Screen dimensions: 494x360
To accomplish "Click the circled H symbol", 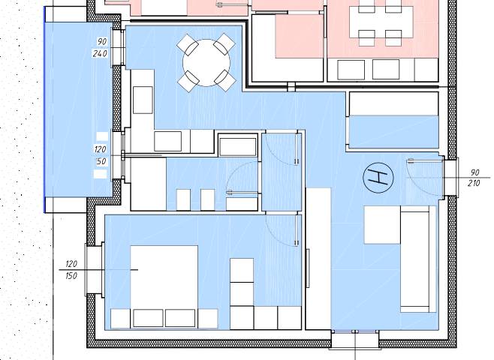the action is click(378, 178).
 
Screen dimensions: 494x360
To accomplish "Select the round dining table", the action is click(206, 62).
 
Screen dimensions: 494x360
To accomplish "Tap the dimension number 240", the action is click(100, 53).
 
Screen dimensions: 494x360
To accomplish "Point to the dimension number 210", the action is click(474, 183).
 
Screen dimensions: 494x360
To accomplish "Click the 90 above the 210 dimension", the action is click(474, 172).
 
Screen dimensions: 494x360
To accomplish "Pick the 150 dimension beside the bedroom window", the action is click(71, 276).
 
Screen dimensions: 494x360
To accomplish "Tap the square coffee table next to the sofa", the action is click(382, 225).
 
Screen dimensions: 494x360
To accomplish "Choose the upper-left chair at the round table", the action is click(188, 45).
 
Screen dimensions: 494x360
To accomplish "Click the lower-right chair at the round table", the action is click(225, 80).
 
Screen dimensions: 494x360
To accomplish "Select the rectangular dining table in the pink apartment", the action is click(381, 22).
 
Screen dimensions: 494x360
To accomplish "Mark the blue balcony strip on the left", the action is click(78, 109).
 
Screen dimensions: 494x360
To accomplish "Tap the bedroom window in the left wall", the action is click(95, 270).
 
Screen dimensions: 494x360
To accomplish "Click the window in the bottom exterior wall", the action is click(355, 340).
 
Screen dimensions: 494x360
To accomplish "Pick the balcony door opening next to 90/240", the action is click(119, 48).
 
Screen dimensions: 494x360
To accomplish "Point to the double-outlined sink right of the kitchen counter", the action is click(238, 145).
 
